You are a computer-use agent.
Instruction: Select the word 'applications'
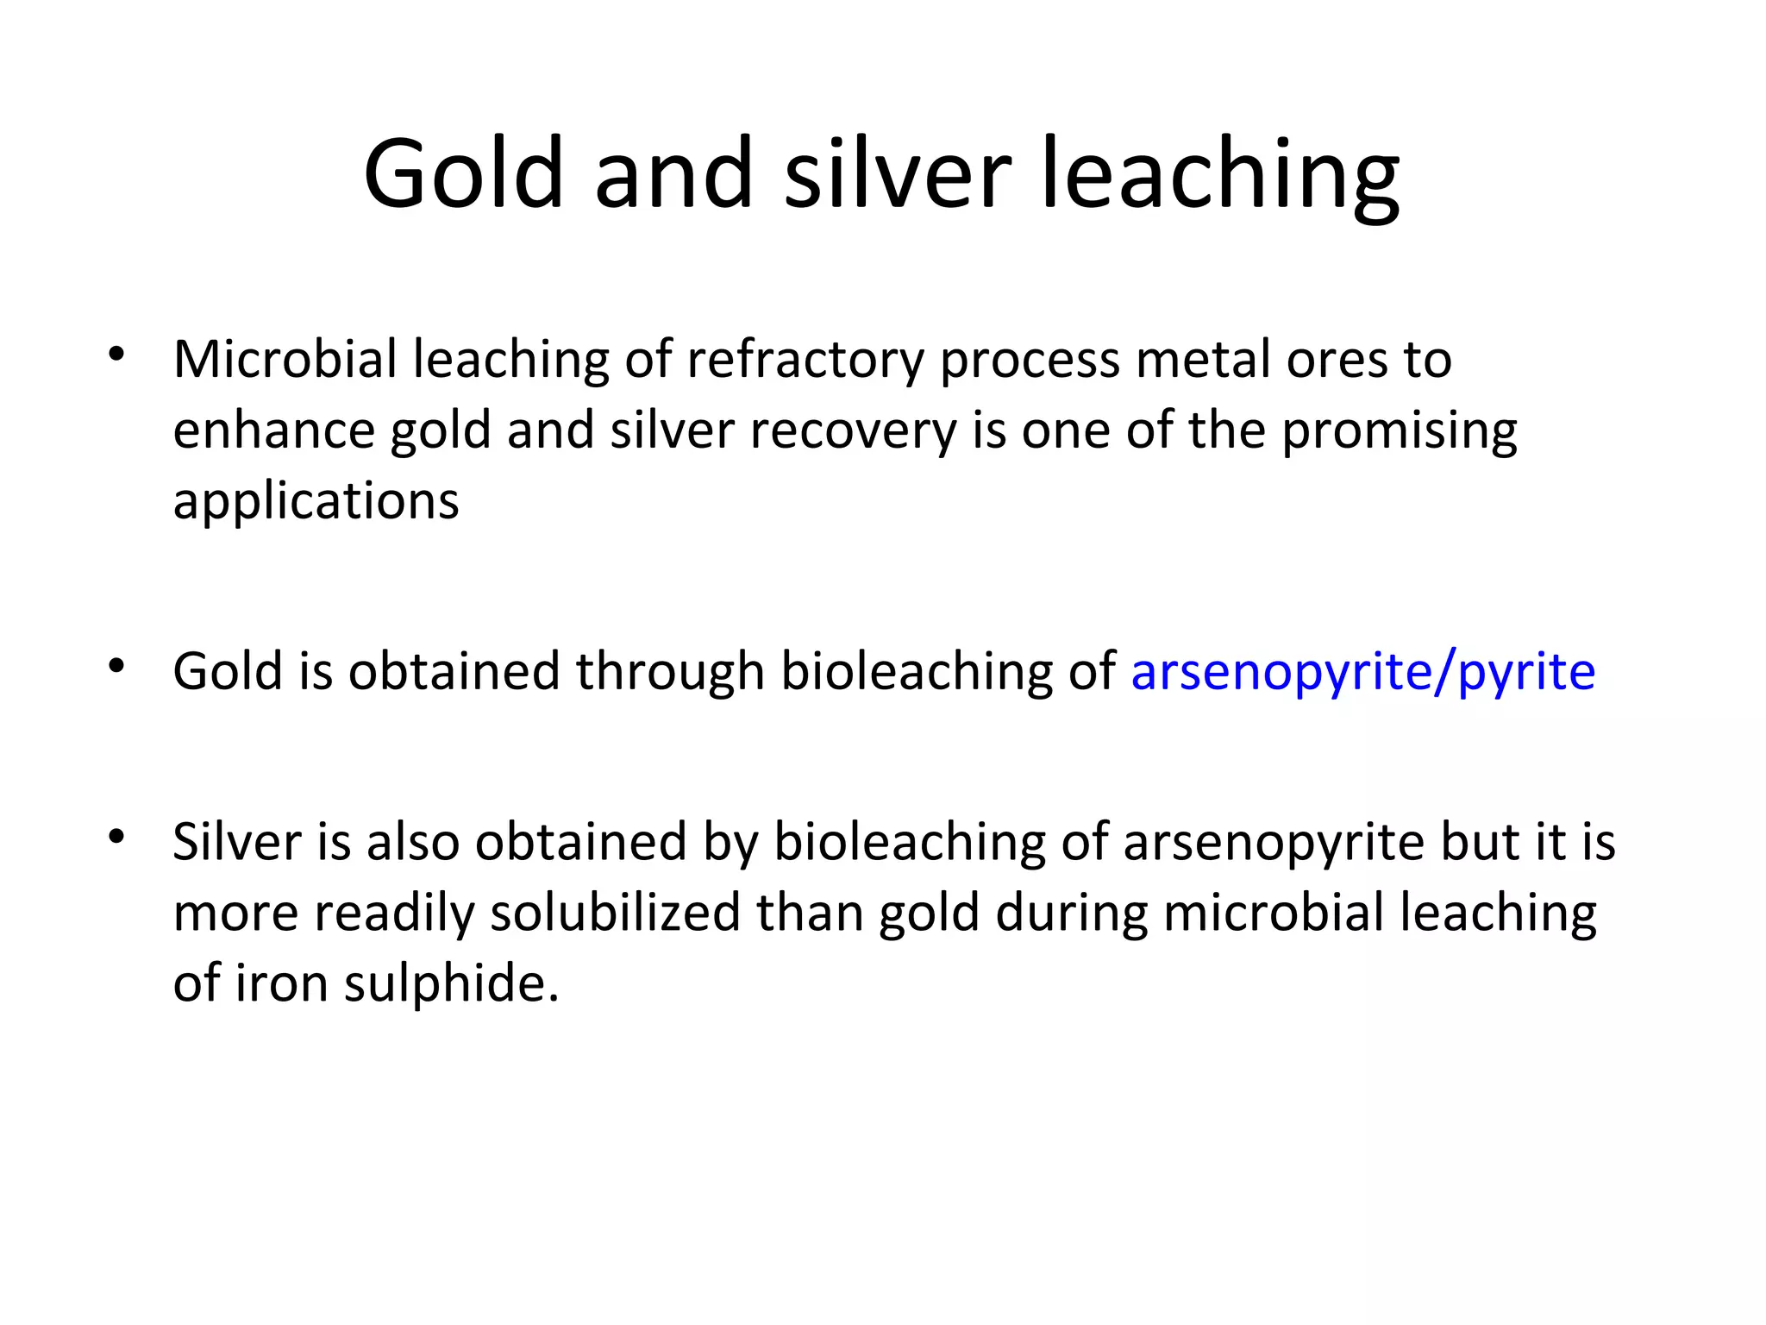click(x=316, y=501)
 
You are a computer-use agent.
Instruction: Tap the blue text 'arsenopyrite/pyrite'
click(x=1362, y=672)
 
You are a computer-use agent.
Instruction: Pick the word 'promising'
click(x=1399, y=430)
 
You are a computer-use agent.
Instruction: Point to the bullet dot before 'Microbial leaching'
click(x=117, y=354)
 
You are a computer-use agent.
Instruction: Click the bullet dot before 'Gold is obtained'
click(x=117, y=665)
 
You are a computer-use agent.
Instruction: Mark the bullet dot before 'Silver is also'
click(x=117, y=836)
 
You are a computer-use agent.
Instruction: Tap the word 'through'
click(x=670, y=672)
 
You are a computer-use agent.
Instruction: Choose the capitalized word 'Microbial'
click(x=285, y=360)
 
